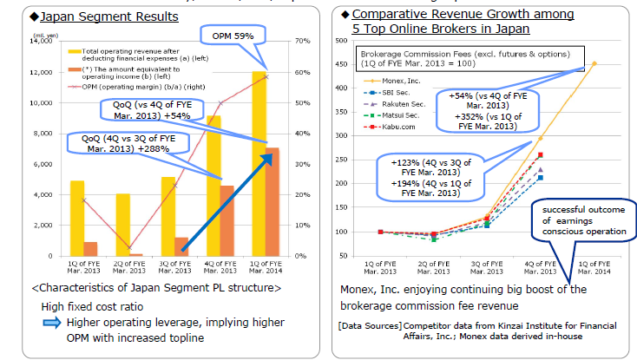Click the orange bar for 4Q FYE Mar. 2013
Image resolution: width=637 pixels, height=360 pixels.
click(x=225, y=220)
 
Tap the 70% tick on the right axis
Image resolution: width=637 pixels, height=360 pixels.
click(x=303, y=41)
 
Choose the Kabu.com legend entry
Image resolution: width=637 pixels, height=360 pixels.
click(x=396, y=126)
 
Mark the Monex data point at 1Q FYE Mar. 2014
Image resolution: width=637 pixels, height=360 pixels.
click(x=594, y=62)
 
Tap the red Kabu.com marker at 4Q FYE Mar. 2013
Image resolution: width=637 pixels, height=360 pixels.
click(x=540, y=155)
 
